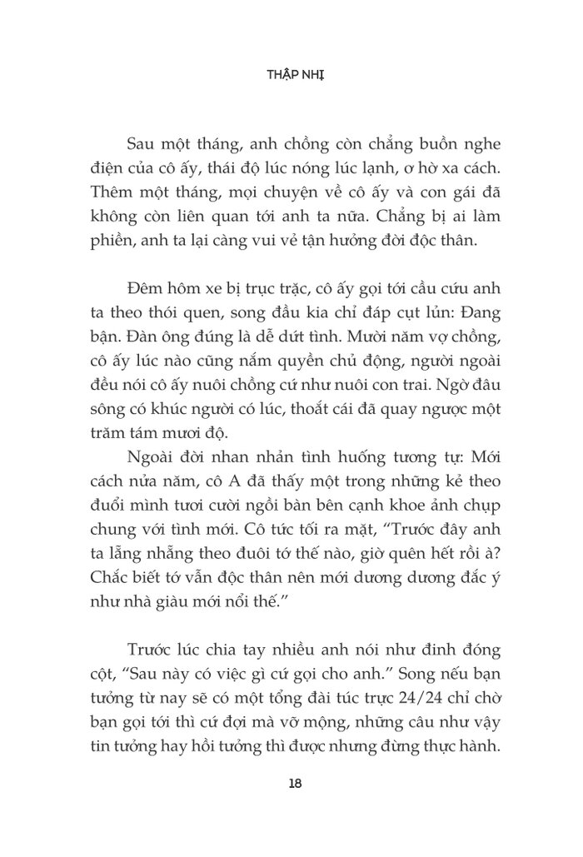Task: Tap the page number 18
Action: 291,783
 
